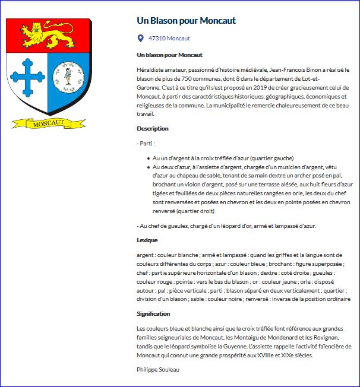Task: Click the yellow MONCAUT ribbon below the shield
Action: tap(48, 123)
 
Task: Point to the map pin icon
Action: tap(140, 39)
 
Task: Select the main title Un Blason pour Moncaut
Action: tap(186, 21)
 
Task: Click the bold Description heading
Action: tap(153, 128)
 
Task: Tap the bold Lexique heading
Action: tap(147, 240)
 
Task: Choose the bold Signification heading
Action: tap(154, 314)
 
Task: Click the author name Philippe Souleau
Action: tap(157, 370)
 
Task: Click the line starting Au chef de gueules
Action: tap(226, 226)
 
